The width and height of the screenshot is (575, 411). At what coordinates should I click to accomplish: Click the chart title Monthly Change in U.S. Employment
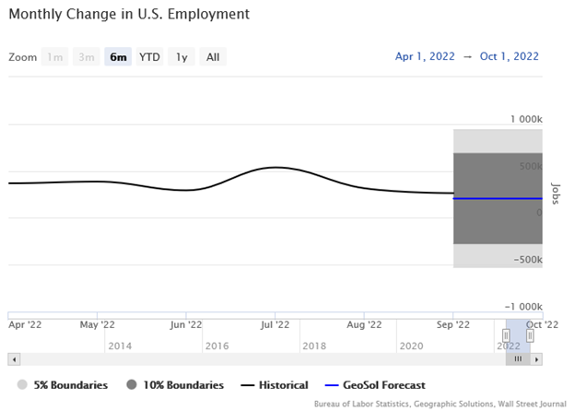129,16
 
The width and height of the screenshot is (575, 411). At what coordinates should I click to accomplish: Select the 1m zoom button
55,57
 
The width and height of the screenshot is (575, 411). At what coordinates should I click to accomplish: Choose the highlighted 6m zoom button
117,57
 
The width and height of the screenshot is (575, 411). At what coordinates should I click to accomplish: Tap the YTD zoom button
149,57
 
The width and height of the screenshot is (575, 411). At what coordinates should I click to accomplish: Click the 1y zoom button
182,57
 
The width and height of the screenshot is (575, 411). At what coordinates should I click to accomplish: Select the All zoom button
213,57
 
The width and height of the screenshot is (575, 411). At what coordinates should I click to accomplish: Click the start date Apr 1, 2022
425,57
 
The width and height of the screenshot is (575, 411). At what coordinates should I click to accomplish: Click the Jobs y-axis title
555,192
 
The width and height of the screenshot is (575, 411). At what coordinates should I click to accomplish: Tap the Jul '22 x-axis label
276,324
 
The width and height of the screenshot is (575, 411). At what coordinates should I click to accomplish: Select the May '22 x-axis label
97,324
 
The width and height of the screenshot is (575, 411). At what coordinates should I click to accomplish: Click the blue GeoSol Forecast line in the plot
498,198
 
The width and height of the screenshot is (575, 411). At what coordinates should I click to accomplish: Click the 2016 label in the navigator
217,346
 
